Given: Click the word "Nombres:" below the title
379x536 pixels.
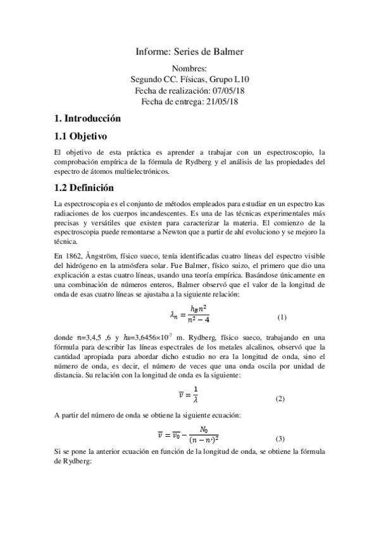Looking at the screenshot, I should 189,69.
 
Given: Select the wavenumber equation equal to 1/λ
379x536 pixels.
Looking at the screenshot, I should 190,397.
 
